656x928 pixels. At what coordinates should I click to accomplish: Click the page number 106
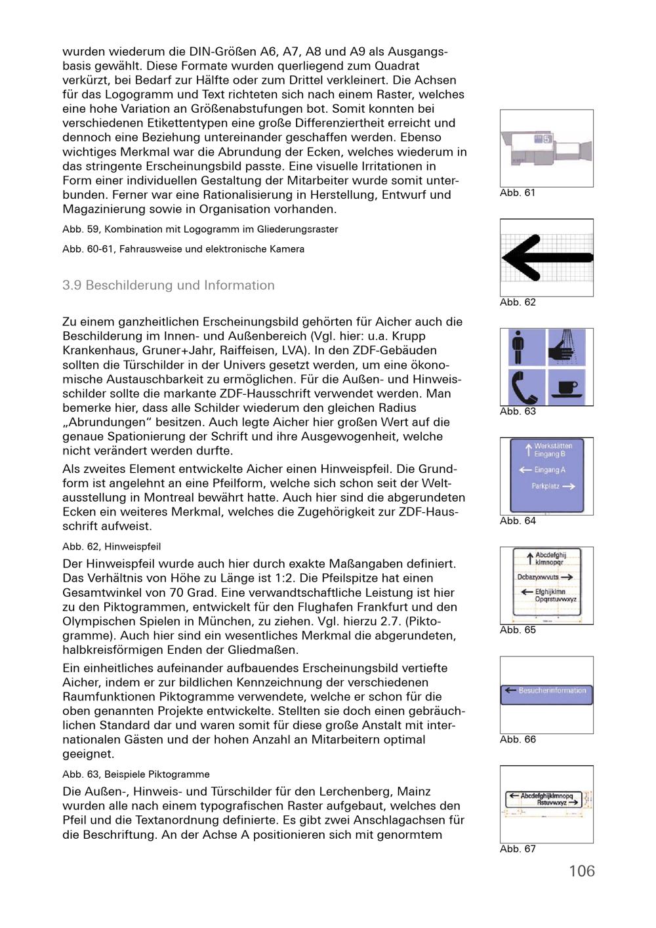(581, 871)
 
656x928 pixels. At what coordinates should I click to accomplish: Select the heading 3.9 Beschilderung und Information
(168, 285)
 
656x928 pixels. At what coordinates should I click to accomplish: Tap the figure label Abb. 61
(517, 193)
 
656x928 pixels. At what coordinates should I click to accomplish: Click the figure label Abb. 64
(518, 521)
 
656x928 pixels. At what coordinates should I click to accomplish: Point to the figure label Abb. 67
(518, 849)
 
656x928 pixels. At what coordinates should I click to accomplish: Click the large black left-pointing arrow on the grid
(547, 258)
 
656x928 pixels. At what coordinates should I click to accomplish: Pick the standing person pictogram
(518, 347)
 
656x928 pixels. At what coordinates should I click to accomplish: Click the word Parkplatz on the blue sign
(545, 486)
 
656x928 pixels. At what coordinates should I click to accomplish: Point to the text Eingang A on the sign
(550, 470)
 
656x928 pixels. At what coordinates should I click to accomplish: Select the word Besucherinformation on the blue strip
(552, 690)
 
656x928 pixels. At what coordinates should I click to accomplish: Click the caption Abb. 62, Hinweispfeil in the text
(112, 546)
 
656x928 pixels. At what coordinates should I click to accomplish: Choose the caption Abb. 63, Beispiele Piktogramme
(136, 775)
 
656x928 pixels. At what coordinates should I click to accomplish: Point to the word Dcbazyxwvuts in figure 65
(538, 576)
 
